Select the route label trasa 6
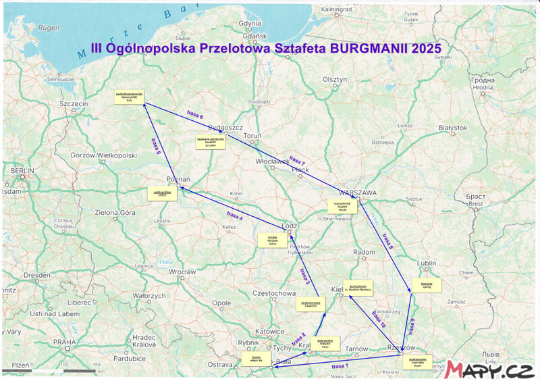click(194, 116)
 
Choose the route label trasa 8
click(387, 241)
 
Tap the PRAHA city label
click(65, 342)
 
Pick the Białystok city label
click(453, 128)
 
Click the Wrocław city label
click(182, 272)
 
